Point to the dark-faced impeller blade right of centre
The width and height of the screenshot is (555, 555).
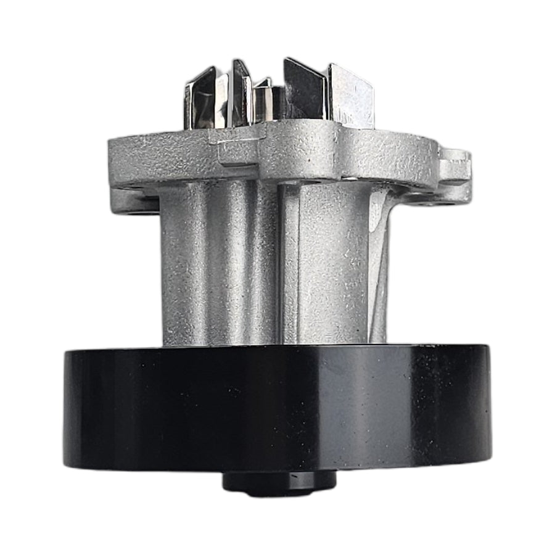pyautogui.click(x=303, y=92)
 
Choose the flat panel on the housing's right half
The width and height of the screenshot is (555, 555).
pyautogui.click(x=333, y=265)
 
